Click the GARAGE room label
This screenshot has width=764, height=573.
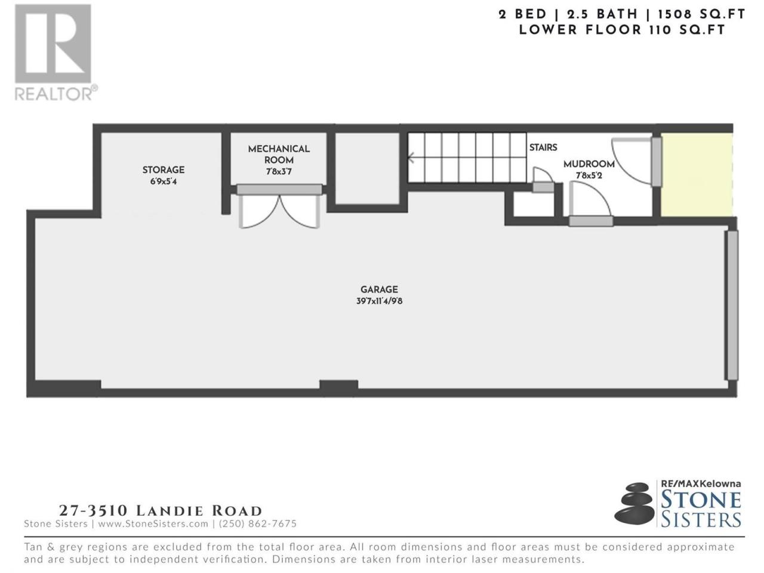pos(378,289)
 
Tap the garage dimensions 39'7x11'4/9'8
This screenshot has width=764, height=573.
pos(379,301)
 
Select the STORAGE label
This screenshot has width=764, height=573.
pos(163,170)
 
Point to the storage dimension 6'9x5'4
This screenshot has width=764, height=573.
pos(163,181)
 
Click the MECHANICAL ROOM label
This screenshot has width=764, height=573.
pos(279,155)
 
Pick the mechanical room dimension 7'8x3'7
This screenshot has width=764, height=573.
pos(279,171)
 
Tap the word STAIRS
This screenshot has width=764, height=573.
pos(543,147)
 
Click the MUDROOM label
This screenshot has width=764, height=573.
pos(589,164)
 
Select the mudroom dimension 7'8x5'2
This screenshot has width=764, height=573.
pos(589,175)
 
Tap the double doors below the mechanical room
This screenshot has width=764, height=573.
pos(279,211)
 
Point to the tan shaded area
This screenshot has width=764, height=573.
pos(697,175)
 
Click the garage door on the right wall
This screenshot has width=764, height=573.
pos(732,306)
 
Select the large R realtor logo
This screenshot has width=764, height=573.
pos(53,44)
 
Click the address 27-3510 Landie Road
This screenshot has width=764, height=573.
pos(161,511)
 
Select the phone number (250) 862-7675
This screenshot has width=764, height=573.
pos(258,523)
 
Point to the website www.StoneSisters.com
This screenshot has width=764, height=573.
pos(153,523)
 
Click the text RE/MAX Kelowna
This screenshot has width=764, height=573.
pos(701,483)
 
